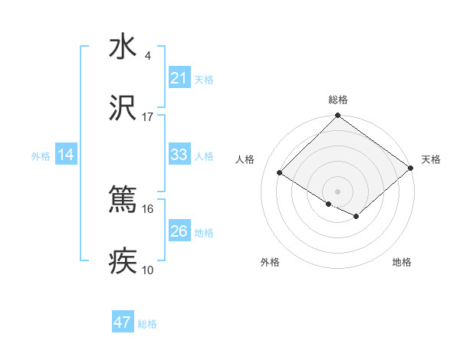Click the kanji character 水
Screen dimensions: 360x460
(x=123, y=47)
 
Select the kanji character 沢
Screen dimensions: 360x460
(x=123, y=108)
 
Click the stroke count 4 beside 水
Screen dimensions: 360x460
(x=148, y=56)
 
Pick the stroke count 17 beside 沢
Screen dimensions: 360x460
(x=148, y=117)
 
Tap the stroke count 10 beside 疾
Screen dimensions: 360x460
(x=148, y=270)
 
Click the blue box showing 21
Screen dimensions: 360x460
(x=179, y=78)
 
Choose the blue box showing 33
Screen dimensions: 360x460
(x=179, y=155)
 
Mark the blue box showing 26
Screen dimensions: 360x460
(x=179, y=231)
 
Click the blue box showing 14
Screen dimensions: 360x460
(x=66, y=155)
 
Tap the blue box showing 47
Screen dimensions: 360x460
(x=123, y=322)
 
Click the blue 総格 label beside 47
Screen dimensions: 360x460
(x=147, y=324)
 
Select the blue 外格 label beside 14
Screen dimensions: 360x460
(x=41, y=156)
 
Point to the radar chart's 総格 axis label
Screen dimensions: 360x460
(x=337, y=100)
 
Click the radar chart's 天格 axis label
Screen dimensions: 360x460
(x=431, y=159)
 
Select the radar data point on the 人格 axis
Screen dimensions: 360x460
(x=280, y=172)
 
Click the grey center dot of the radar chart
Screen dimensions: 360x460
(x=337, y=191)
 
